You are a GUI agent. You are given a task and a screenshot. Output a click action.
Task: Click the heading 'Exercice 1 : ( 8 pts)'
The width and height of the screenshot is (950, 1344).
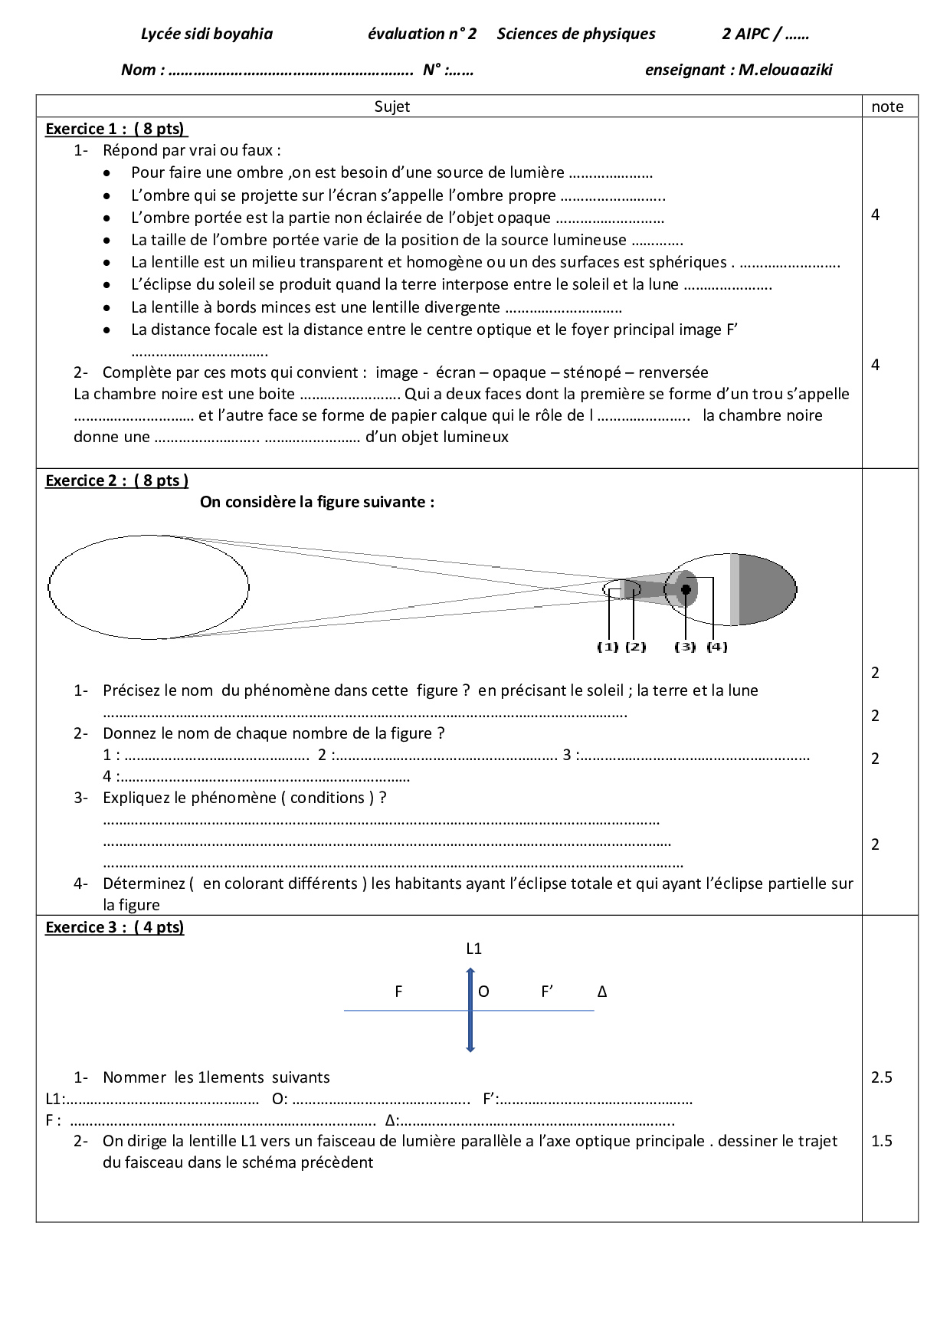tap(116, 129)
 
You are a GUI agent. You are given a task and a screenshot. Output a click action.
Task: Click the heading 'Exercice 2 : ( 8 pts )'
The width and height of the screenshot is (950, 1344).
tap(116, 480)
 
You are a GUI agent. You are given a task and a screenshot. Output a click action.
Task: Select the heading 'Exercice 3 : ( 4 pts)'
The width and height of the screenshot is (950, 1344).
tap(115, 927)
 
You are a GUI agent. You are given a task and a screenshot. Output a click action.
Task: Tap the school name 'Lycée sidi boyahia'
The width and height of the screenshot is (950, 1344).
tap(207, 34)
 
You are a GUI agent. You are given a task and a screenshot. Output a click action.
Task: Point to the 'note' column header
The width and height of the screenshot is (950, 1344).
tap(887, 107)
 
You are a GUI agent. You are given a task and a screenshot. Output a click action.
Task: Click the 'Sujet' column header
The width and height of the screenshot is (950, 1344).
tap(391, 107)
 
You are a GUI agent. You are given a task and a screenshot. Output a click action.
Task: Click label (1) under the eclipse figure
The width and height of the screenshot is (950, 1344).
tap(608, 647)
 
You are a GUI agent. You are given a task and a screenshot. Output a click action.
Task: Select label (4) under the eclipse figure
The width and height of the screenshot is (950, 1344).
tap(716, 647)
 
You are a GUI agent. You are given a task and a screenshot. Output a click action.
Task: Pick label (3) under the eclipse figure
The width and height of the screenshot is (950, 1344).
tap(685, 647)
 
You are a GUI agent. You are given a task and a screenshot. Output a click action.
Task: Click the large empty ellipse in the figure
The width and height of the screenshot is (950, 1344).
tap(149, 587)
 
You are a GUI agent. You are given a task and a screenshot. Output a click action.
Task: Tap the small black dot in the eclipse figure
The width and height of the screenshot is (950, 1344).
tap(686, 589)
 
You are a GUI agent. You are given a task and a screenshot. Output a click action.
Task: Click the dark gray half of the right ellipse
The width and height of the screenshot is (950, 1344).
tap(766, 589)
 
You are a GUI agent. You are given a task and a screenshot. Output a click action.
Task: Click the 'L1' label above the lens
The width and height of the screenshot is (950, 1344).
tap(473, 949)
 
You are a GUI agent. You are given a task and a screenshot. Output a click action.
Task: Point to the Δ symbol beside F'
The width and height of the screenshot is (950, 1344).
tap(602, 992)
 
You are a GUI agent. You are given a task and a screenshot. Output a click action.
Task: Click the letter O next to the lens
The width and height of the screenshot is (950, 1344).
tap(483, 992)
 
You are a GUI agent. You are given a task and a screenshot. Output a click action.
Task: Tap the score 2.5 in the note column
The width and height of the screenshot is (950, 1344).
tap(881, 1077)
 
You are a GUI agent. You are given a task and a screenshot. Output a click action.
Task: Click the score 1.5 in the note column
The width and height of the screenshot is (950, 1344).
tap(881, 1141)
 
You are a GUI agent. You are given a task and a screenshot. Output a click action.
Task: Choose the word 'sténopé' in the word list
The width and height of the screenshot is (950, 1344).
tap(592, 372)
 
